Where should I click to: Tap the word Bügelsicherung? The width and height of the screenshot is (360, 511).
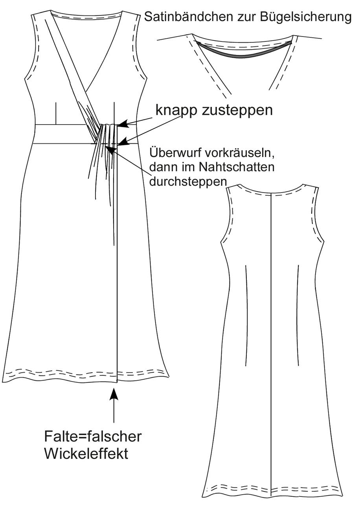click(x=305, y=18)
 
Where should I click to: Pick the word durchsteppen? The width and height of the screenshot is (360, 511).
click(x=188, y=182)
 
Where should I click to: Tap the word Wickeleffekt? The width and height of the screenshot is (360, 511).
click(x=86, y=453)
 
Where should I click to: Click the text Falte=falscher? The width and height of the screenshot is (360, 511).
click(x=93, y=436)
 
